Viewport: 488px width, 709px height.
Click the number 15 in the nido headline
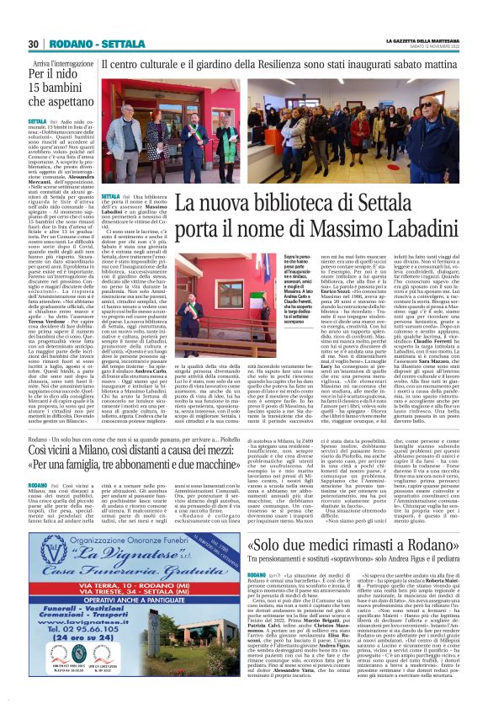(35, 87)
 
